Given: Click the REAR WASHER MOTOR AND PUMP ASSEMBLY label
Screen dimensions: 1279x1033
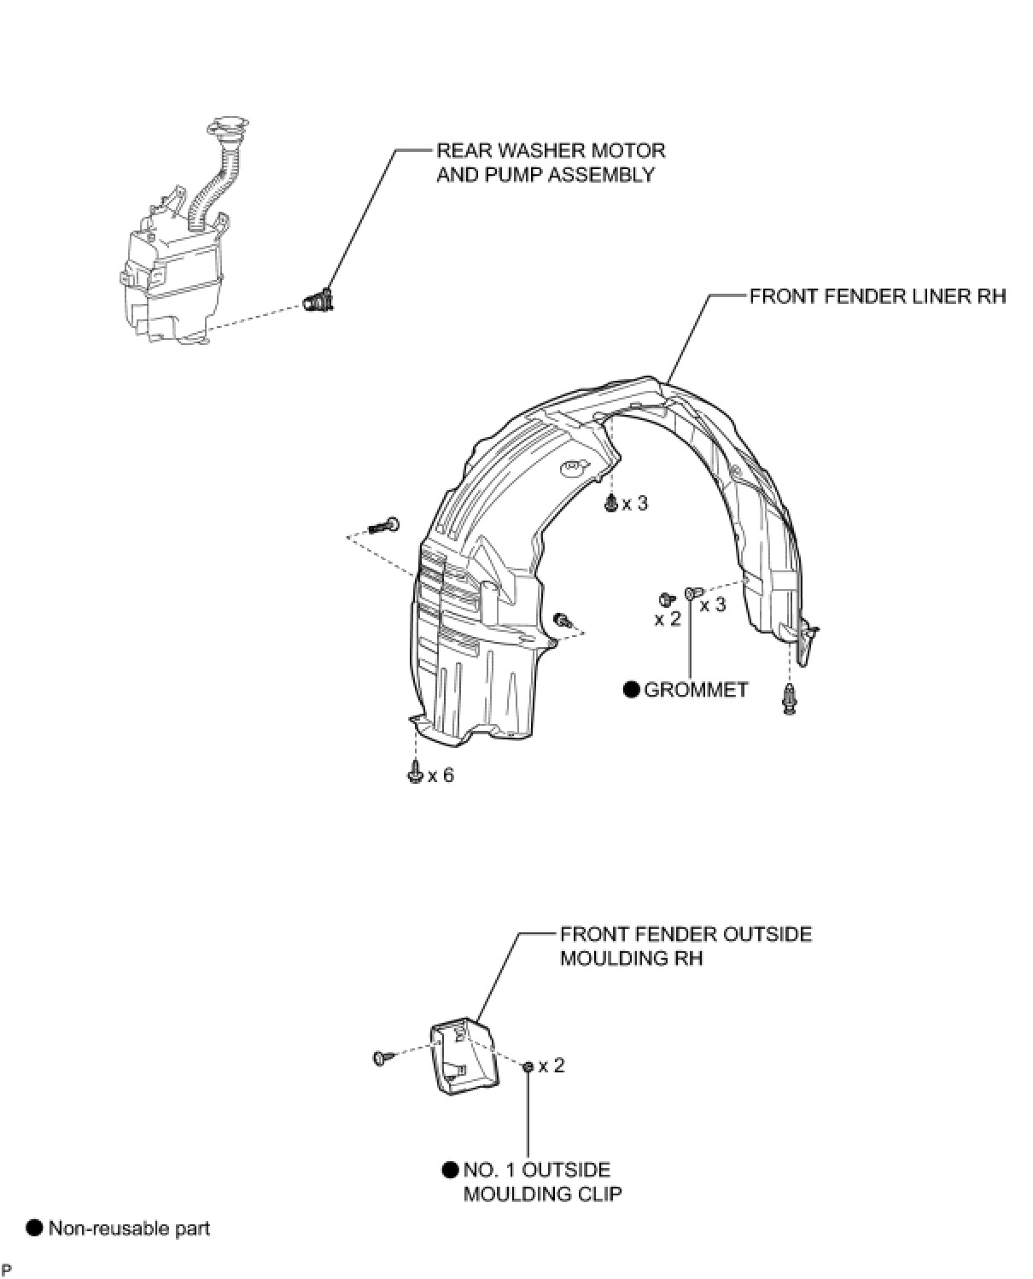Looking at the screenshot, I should tap(550, 162).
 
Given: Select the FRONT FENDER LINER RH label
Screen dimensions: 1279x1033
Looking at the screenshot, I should tap(877, 296).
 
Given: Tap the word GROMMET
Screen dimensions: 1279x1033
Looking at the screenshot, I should tap(696, 690).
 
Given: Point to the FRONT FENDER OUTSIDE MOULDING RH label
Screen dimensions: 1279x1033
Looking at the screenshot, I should tap(685, 946).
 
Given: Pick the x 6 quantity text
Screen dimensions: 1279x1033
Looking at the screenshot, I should tap(441, 775).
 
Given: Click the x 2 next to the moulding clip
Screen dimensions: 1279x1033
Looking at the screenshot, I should tap(552, 1066).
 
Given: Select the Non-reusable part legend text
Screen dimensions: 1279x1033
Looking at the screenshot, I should tap(129, 1229).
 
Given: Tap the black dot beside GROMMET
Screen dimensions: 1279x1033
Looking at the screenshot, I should tap(632, 690).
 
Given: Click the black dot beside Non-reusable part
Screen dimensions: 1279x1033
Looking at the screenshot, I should tap(34, 1229).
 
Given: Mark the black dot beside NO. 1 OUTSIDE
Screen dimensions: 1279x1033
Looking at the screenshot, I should tap(451, 1170).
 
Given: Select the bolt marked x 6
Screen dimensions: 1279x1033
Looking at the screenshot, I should tap(415, 773).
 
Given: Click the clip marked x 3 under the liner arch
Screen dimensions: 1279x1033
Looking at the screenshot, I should tap(610, 504).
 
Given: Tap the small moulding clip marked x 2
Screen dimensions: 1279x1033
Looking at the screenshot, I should tap(528, 1066).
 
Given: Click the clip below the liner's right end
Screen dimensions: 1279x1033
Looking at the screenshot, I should tap(791, 699).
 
